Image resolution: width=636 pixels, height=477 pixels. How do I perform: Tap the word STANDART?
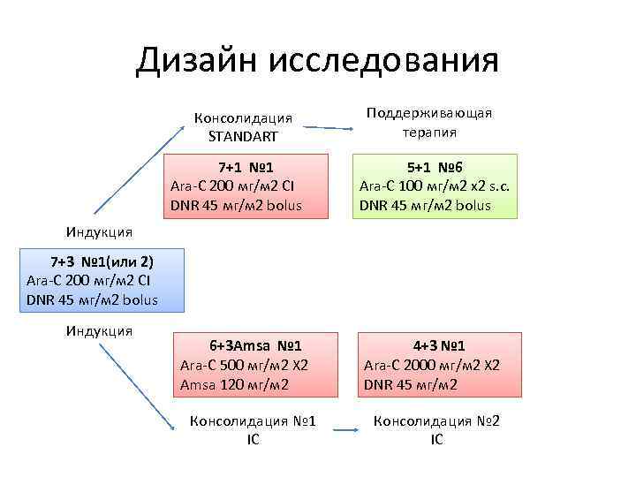click(243, 136)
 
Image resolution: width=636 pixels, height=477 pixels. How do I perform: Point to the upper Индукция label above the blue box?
click(99, 232)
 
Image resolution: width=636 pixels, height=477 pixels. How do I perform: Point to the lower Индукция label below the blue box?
click(99, 331)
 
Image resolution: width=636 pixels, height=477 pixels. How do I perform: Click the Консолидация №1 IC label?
click(254, 429)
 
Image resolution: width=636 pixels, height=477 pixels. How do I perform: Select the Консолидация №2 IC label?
click(437, 429)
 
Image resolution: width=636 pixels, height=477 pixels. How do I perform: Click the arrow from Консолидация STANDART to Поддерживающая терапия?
click(326, 128)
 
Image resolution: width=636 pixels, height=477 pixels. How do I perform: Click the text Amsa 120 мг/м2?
click(232, 384)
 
